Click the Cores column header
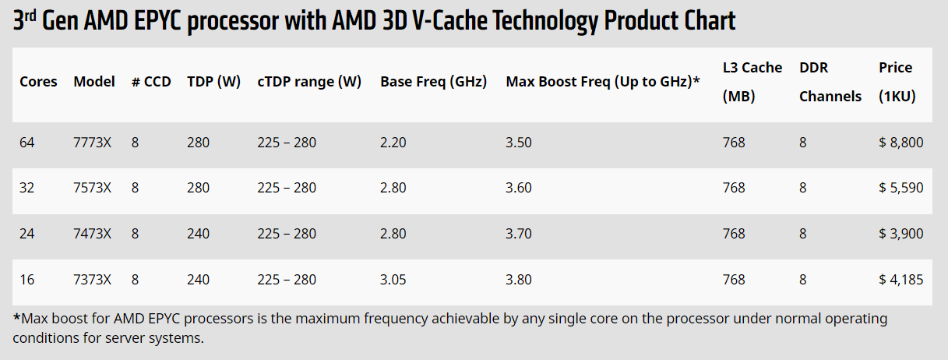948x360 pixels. click(x=38, y=82)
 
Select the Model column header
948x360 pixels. click(x=94, y=82)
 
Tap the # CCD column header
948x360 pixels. click(x=151, y=82)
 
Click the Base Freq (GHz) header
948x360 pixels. click(x=433, y=82)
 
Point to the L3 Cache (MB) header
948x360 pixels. click(x=752, y=82)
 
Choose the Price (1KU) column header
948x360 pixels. click(x=897, y=82)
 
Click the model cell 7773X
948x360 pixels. click(x=92, y=143)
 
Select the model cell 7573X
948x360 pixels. click(x=92, y=188)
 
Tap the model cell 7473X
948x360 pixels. click(x=92, y=234)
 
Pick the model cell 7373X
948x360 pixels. click(x=92, y=279)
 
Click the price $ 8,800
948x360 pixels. click(x=900, y=143)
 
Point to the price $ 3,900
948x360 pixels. click(x=900, y=234)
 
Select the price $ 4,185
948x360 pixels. click(x=900, y=279)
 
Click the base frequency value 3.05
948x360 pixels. click(x=393, y=279)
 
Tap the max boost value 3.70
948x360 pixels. click(x=519, y=234)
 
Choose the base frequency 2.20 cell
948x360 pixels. click(x=393, y=143)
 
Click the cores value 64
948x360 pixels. click(x=27, y=143)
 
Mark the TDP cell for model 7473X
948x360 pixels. click(x=198, y=234)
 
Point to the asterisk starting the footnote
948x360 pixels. click(x=17, y=318)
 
